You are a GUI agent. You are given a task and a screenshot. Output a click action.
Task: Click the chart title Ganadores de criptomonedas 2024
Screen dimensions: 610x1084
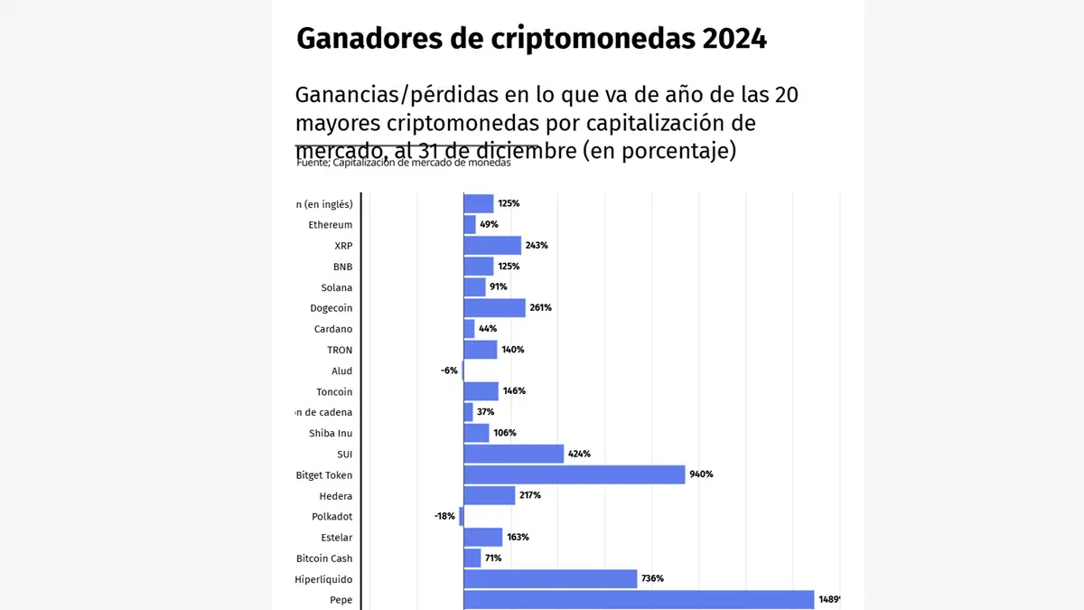531,39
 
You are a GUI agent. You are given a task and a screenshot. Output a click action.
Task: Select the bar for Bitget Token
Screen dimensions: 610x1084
574,474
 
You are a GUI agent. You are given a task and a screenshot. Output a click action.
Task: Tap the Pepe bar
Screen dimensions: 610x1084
638,600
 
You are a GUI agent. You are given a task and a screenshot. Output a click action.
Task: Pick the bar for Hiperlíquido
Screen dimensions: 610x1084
549,579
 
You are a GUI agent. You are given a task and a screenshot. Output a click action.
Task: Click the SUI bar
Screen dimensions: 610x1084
513,454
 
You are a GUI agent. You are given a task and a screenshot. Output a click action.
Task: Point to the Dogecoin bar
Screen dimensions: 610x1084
494,308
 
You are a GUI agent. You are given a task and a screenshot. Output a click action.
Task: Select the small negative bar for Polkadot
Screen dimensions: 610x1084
461,516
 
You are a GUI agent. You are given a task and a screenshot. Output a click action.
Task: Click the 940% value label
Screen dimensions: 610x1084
702,474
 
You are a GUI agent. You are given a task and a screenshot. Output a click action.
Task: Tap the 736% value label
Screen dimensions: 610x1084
653,579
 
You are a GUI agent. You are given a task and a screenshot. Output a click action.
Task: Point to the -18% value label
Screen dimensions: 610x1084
444,517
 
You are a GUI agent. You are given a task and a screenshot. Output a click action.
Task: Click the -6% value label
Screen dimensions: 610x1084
449,371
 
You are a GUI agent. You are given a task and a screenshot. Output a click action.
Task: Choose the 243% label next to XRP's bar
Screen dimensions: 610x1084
537,246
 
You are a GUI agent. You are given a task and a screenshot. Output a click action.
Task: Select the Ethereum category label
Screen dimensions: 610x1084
330,225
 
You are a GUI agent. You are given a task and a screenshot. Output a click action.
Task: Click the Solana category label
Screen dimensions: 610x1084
336,287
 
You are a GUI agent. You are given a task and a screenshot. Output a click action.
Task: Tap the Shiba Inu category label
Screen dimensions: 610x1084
331,433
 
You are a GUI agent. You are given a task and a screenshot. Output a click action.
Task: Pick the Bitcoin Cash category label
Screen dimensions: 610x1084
324,558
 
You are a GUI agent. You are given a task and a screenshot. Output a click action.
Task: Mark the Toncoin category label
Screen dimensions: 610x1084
334,391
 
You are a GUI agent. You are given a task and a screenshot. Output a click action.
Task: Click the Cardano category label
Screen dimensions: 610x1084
332,329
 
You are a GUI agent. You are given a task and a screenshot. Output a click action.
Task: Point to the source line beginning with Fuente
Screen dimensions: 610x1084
403,164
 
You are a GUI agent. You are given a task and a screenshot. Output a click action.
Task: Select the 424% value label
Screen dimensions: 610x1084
579,454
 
